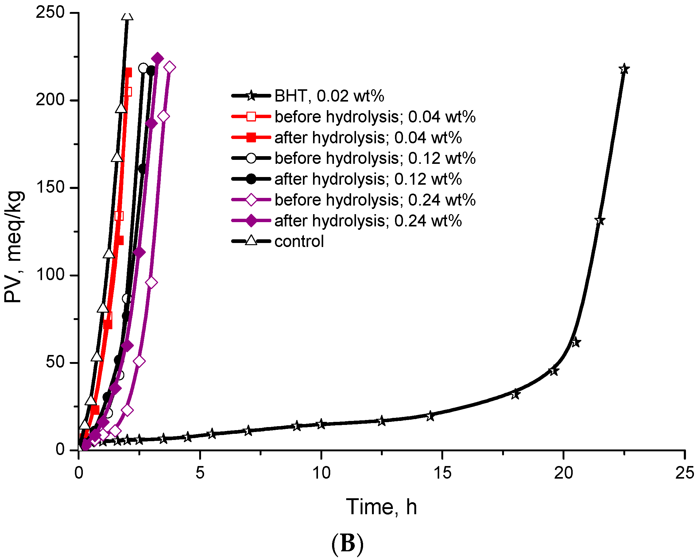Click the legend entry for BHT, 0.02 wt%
[x=329, y=96]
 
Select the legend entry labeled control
[x=299, y=241]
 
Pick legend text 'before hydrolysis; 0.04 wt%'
[x=375, y=117]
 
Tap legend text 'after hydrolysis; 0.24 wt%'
[x=368, y=221]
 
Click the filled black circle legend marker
[x=251, y=179]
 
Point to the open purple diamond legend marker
[x=251, y=200]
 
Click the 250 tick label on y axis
[x=50, y=13]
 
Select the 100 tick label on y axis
[x=50, y=275]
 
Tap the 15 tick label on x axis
[x=442, y=473]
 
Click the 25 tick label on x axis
[x=684, y=473]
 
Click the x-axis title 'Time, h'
[x=381, y=507]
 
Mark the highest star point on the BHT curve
[x=624, y=69]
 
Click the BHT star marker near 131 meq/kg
[x=600, y=221]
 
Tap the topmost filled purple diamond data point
[x=157, y=59]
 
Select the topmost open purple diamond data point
[x=170, y=67]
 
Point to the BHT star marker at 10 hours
[x=321, y=424]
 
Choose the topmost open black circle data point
[x=143, y=68]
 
